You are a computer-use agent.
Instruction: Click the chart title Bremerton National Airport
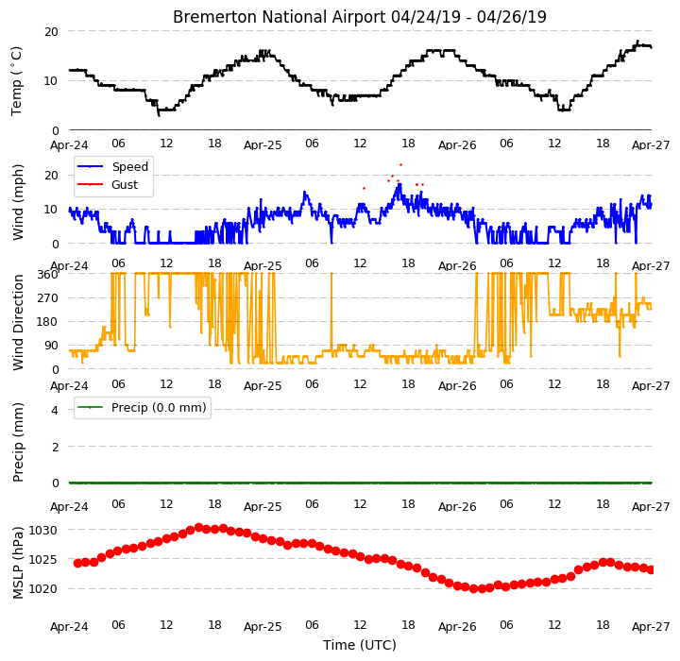(x=279, y=17)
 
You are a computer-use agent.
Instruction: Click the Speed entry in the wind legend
(x=130, y=166)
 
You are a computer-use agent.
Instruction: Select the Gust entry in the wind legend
(x=125, y=185)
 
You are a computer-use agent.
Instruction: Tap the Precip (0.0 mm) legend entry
(x=159, y=408)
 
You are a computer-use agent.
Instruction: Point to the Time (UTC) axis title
(x=360, y=645)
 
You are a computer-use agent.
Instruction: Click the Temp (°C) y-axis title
(x=16, y=81)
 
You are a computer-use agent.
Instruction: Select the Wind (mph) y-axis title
(x=17, y=203)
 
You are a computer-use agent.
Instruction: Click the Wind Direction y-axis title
(x=18, y=322)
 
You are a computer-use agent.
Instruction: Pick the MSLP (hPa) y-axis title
(x=18, y=563)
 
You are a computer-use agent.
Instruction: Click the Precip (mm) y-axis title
(x=18, y=443)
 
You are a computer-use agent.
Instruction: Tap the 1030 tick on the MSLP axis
(x=42, y=531)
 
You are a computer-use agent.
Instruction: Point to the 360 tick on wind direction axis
(x=48, y=275)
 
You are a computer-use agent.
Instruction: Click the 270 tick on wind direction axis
(x=48, y=298)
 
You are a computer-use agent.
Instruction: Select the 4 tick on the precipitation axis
(x=55, y=410)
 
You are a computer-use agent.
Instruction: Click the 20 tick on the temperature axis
(x=51, y=32)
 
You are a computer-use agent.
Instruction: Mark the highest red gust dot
(x=400, y=165)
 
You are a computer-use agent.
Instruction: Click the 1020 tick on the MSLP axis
(x=42, y=589)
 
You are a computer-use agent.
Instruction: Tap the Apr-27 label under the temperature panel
(x=651, y=144)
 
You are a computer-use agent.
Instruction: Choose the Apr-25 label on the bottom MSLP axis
(x=263, y=627)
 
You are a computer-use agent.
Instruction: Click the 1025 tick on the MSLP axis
(x=42, y=560)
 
